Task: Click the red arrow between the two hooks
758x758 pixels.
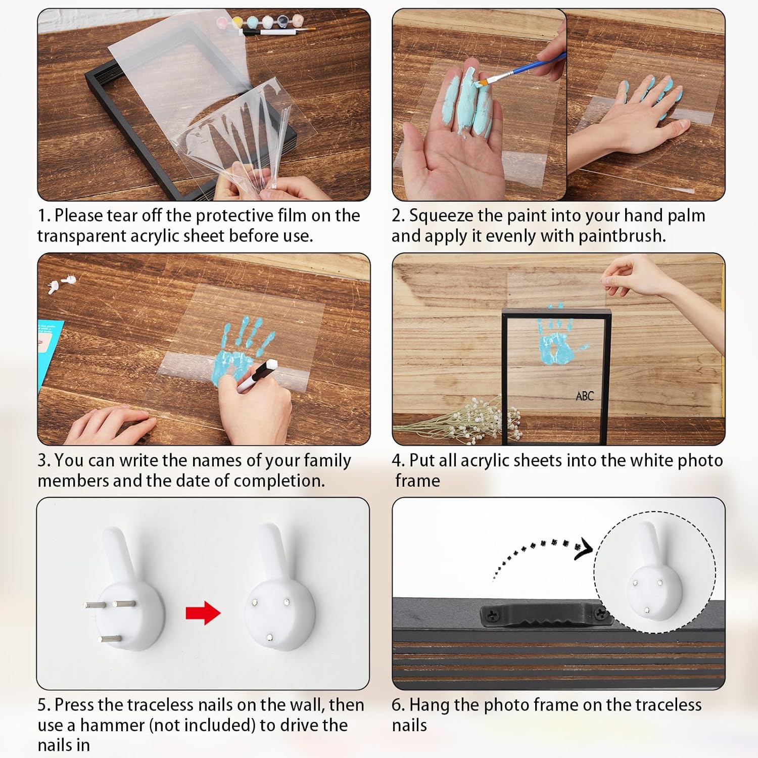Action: [203, 613]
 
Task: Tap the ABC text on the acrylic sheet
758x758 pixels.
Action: [585, 396]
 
